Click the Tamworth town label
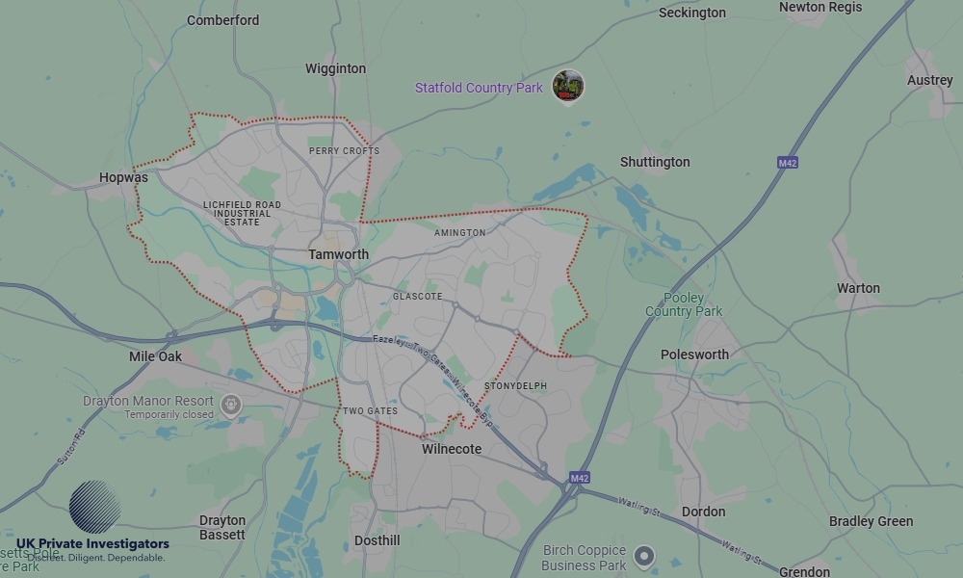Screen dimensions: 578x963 point(338,254)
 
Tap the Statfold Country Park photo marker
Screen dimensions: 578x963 point(568,86)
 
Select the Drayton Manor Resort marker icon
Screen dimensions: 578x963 point(230,405)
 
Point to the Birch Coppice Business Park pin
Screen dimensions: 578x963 point(644,556)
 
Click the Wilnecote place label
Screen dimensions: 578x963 point(452,449)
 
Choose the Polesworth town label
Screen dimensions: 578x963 point(694,355)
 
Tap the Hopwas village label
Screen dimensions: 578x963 point(123,177)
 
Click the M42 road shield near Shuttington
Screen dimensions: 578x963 point(788,163)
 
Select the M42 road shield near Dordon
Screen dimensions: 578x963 point(579,478)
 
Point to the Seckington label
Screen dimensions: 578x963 point(691,13)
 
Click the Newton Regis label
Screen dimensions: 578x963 point(820,7)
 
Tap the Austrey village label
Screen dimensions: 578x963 point(929,80)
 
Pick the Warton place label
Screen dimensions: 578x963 point(858,288)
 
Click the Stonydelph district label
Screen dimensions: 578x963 point(515,386)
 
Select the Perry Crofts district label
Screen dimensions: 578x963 point(344,151)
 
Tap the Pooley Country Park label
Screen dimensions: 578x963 point(684,304)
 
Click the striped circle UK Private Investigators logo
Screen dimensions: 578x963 point(95,507)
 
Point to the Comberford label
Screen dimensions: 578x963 point(222,20)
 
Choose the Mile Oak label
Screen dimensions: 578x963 point(155,356)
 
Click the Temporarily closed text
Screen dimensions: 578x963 point(169,414)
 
